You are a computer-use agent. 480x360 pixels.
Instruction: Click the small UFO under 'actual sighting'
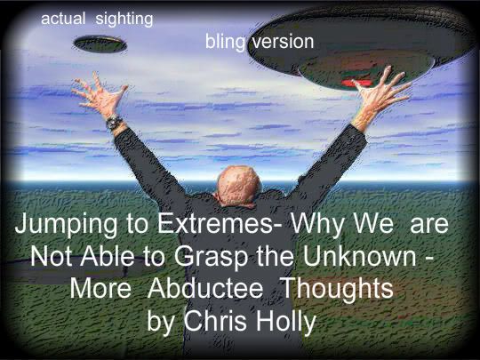(100, 44)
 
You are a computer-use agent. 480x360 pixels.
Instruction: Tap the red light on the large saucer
(355, 83)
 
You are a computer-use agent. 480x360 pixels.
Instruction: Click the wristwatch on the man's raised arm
(114, 122)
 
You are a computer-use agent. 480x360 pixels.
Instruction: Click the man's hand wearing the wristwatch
(99, 94)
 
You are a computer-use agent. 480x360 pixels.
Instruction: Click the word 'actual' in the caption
(63, 19)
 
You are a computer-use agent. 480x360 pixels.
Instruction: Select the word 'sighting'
(124, 20)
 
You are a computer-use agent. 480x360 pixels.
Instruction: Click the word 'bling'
(225, 42)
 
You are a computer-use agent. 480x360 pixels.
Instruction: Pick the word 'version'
(283, 41)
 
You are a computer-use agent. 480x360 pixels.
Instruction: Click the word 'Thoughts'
(337, 289)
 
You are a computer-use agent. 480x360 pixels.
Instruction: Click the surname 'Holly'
(285, 322)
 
